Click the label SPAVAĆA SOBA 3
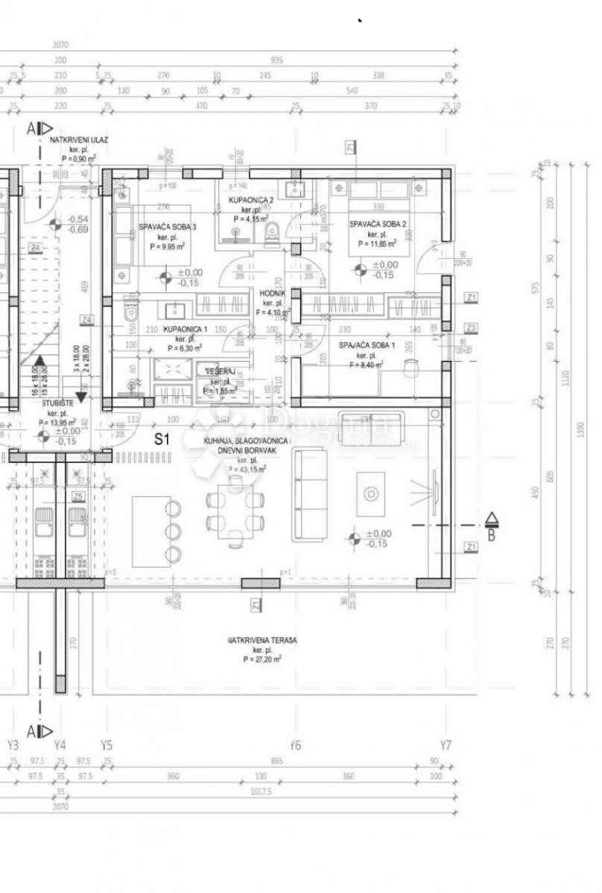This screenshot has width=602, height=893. (168, 228)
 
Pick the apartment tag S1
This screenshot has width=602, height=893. (162, 439)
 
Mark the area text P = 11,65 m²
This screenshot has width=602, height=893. (378, 243)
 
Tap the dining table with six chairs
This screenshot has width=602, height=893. (235, 512)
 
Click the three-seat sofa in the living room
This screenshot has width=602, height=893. (308, 494)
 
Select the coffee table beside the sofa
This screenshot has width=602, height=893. (370, 494)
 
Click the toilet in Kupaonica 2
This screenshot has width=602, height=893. (273, 231)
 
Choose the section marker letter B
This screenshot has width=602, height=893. (491, 534)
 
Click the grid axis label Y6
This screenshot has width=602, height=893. (296, 745)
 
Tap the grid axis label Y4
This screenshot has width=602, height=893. (60, 745)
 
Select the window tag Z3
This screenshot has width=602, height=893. (470, 328)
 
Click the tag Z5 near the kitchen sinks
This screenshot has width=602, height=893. (77, 496)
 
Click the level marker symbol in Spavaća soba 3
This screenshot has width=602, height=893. (165, 278)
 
